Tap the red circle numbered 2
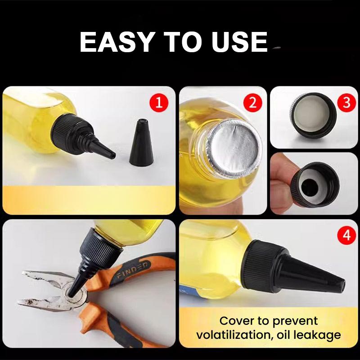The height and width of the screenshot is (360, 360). tap(253, 103)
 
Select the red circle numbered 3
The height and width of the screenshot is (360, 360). tap(346, 103)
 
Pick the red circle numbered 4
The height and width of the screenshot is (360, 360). tap(346, 235)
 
